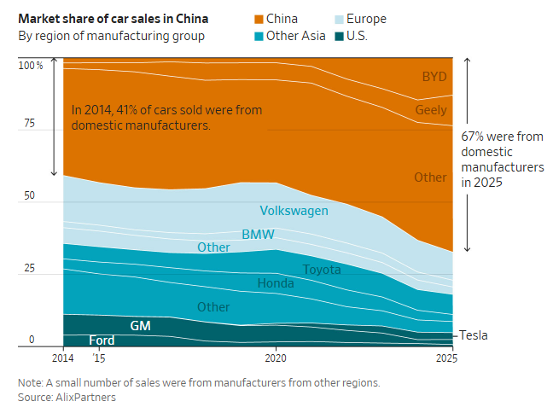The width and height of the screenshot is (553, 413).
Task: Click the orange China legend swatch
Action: coord(259,19)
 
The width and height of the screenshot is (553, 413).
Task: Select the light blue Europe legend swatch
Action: coord(339,19)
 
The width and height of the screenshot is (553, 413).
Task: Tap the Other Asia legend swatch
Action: coord(259,37)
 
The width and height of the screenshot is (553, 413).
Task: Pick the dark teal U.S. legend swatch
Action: coord(339,37)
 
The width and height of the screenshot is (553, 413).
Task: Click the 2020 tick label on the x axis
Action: coord(276,358)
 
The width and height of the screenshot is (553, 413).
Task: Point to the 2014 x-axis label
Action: coord(63,358)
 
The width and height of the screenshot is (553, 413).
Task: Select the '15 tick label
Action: coord(99,358)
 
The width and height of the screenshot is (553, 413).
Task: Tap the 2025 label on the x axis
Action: coord(446,358)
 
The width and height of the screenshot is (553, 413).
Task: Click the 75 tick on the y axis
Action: coord(30,123)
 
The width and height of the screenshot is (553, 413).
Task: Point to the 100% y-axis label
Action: coord(31,66)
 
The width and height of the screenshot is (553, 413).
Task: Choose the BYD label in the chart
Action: coord(434,77)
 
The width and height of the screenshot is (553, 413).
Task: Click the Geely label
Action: coord(431,110)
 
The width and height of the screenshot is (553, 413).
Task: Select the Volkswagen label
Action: coord(294,211)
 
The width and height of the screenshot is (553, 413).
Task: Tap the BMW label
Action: coord(259,235)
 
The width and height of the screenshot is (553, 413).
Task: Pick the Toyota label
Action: coord(322,270)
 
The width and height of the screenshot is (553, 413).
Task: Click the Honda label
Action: coord(276,283)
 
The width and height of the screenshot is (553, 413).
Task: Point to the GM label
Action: coord(140,325)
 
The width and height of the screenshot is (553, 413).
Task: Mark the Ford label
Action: coord(102,340)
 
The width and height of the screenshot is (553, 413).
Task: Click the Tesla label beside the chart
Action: coord(474,335)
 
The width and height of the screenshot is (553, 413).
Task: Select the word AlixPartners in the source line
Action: coord(85,398)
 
